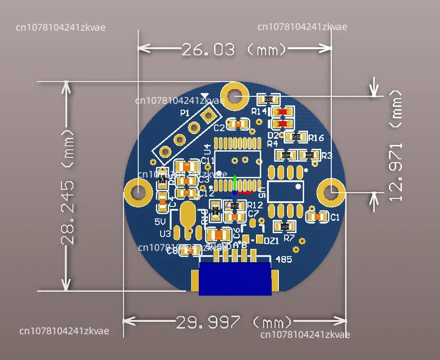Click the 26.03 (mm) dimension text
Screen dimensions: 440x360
pos(234,49)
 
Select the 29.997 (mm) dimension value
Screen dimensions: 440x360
pos(234,322)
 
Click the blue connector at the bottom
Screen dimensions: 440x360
pos(235,278)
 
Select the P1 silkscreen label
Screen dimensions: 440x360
pos(185,113)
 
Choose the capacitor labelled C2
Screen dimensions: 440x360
pos(237,124)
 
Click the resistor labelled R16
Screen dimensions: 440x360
pos(296,137)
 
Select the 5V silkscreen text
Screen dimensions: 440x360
pos(160,222)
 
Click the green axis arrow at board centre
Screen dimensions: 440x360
pos(235,183)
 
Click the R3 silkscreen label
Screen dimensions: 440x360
pos(327,156)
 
